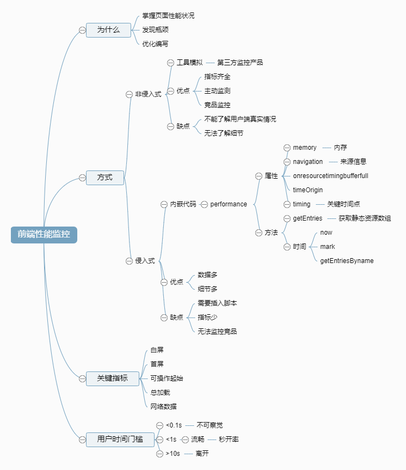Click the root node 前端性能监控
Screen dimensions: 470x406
click(44, 235)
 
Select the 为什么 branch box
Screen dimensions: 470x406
click(108, 30)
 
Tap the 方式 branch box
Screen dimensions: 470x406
click(104, 178)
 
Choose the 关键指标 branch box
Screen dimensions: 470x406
click(112, 378)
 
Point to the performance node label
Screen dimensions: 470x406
click(229, 204)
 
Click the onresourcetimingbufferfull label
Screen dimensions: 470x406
click(330, 176)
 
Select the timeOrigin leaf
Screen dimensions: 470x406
click(307, 190)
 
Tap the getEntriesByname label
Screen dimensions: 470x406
click(347, 261)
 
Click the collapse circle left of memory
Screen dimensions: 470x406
click(287, 148)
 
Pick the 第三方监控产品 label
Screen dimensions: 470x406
click(239, 63)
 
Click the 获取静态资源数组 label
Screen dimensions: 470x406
click(364, 218)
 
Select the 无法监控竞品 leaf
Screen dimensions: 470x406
click(217, 331)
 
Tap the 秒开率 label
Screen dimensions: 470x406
click(229, 439)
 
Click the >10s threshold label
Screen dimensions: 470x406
click(173, 453)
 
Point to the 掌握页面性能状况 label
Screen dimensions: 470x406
click(168, 16)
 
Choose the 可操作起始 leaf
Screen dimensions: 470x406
click(167, 378)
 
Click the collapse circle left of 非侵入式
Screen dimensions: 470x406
click(129, 94)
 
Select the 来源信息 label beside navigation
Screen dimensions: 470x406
click(353, 162)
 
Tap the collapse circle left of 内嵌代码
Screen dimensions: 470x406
click(164, 204)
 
